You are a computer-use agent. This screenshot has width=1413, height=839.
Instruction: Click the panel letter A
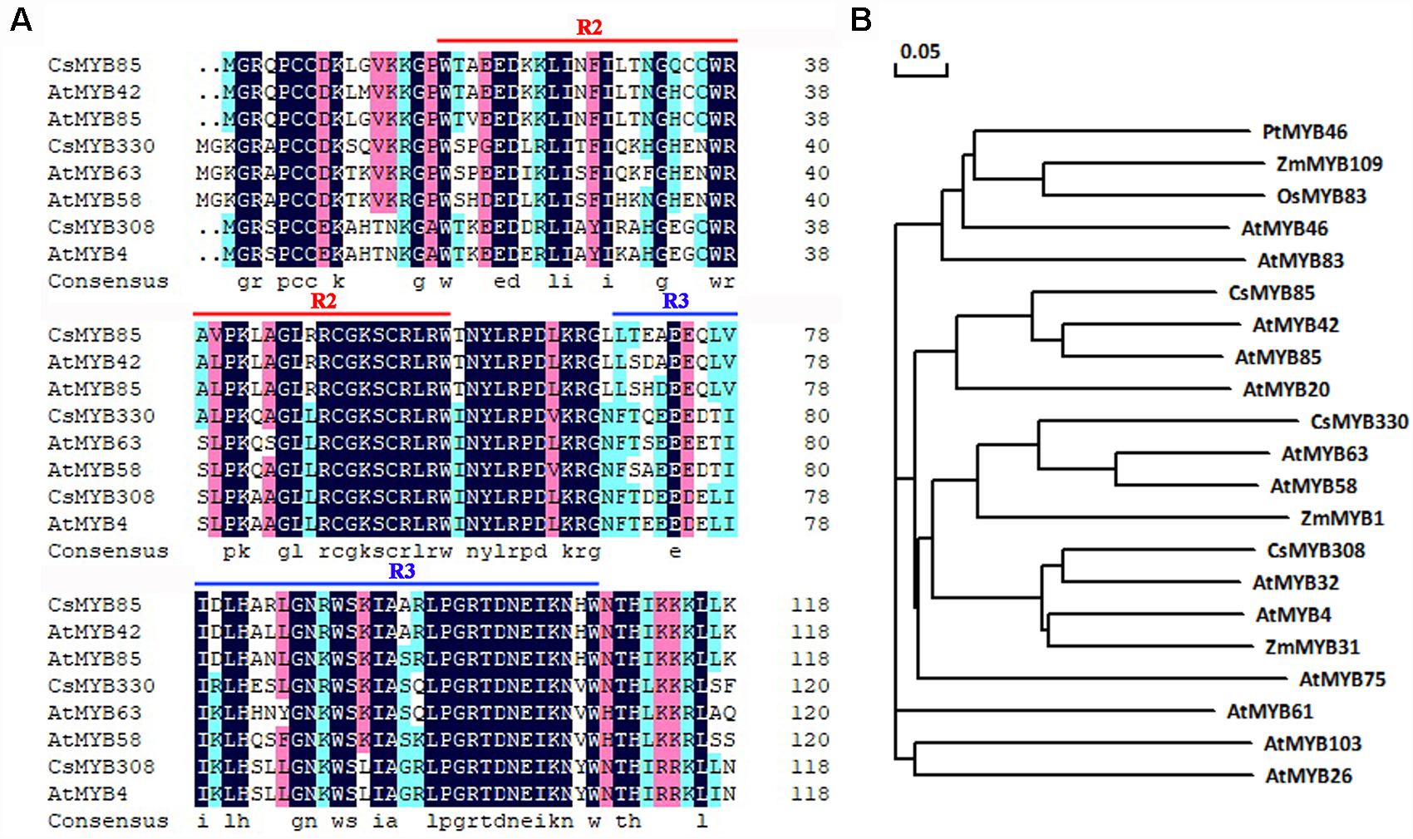point(21,19)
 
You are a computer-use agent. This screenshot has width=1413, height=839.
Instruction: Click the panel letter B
point(861,19)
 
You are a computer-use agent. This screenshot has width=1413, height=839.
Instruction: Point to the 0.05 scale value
point(920,52)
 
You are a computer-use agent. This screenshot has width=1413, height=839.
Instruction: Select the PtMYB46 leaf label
point(1304,132)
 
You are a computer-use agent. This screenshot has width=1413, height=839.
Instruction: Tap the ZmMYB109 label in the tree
point(1329,165)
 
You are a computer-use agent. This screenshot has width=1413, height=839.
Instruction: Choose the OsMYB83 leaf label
point(1321,197)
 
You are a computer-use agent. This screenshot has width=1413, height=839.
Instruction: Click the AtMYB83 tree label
point(1300,261)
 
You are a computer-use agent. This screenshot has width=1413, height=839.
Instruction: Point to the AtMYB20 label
point(1286,390)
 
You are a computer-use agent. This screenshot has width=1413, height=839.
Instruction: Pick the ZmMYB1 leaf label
point(1342,519)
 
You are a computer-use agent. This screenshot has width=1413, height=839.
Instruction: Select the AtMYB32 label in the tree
point(1295,583)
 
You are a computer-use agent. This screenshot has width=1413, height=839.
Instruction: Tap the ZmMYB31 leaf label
point(1312,647)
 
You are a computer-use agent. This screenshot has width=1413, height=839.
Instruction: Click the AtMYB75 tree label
point(1342,680)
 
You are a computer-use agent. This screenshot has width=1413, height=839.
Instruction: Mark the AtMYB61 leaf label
point(1269,712)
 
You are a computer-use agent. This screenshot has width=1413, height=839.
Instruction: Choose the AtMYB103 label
point(1312,744)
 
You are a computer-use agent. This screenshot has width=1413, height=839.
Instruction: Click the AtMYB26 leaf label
point(1308,777)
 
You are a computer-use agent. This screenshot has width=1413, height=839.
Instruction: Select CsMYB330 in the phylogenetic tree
point(1359,422)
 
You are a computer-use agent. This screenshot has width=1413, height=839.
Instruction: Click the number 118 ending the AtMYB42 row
point(810,632)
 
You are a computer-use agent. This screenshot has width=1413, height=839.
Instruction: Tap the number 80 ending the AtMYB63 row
point(816,443)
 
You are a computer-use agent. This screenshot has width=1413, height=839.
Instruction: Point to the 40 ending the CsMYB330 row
point(816,146)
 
